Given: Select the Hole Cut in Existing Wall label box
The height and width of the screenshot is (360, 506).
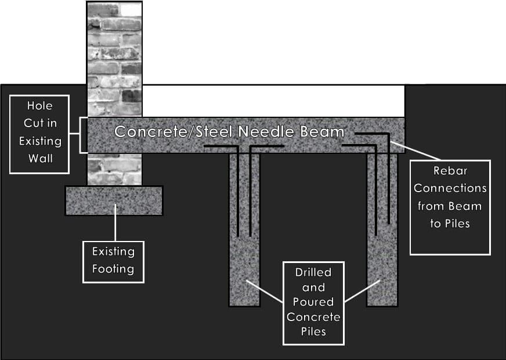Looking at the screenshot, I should coord(39,134).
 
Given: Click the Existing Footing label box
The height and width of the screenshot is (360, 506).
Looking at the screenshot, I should coord(113,261).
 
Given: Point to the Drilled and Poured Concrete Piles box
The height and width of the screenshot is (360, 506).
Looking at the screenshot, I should coord(313,303).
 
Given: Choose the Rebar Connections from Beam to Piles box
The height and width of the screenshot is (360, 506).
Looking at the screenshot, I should coord(450,207).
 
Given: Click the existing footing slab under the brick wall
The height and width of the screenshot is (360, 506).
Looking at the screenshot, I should coord(114,200).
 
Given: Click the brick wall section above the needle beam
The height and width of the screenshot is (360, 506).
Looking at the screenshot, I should coord(114,58).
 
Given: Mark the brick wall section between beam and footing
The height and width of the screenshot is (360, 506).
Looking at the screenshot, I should coord(114,169).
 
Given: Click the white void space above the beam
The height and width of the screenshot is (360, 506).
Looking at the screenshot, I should coord(273,100).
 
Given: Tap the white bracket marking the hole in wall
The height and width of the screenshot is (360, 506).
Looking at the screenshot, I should coord(81,135).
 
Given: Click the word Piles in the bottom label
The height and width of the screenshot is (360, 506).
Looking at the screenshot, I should coord(313,332).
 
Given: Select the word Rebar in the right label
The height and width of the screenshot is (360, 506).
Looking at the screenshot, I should coord(450,171).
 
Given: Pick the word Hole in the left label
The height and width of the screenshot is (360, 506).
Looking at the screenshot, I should coord(39,106).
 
